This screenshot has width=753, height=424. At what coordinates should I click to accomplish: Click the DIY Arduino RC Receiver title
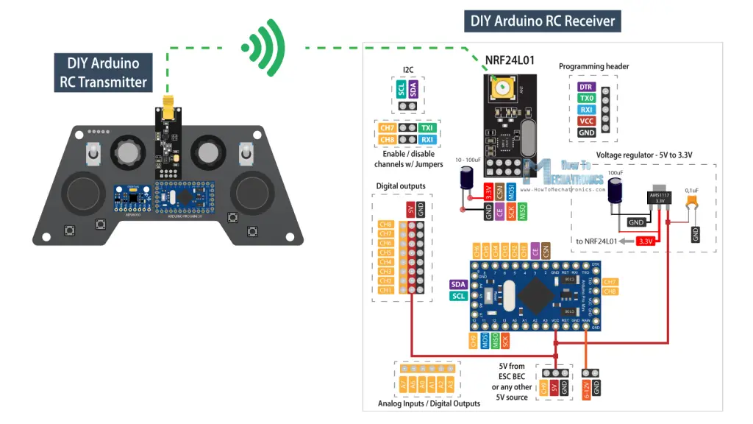(543, 20)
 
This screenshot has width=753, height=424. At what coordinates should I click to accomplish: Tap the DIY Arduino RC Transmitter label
(103, 72)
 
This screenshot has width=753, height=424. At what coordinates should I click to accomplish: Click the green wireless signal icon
(264, 49)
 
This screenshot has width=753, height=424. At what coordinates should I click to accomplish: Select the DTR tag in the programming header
(586, 86)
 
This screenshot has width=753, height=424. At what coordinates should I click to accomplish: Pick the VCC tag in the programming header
(586, 121)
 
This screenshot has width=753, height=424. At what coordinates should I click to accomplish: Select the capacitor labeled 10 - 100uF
(466, 180)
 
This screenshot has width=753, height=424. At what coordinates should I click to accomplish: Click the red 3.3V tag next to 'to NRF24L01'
(646, 241)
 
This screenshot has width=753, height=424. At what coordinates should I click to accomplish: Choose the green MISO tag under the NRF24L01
(523, 212)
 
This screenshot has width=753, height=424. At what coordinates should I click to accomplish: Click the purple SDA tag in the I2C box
(413, 90)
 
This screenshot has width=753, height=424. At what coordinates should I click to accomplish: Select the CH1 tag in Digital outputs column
(385, 290)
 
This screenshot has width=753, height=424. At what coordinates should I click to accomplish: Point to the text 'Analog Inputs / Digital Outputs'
(429, 403)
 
